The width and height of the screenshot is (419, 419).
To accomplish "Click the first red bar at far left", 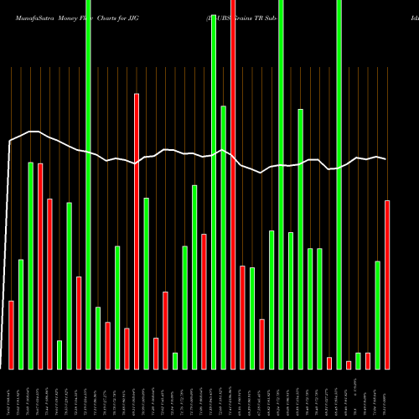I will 12,334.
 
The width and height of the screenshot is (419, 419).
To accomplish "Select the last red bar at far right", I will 387,285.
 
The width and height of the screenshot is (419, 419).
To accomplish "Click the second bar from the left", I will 21,314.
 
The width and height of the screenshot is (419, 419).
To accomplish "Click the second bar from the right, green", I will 378,315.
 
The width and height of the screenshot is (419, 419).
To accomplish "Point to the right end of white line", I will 386,159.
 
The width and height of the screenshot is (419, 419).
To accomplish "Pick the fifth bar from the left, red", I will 49,284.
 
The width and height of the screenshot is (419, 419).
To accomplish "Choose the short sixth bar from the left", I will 59,354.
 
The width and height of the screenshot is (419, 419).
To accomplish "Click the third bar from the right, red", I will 368,361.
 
